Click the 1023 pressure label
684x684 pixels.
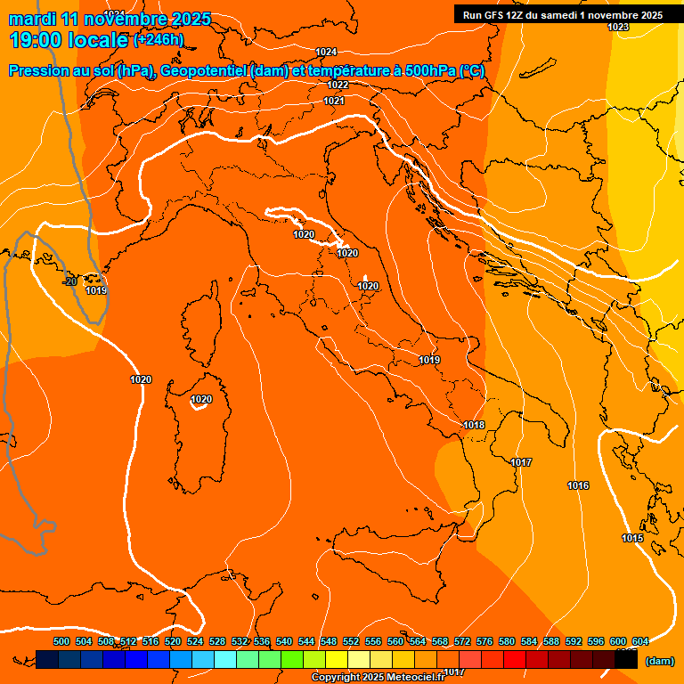(x=618, y=27)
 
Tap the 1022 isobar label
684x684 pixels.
(x=338, y=85)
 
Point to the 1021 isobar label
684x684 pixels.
(x=334, y=101)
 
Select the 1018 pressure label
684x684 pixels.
(x=474, y=425)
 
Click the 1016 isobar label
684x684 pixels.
(x=578, y=485)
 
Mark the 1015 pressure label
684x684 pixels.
(x=632, y=538)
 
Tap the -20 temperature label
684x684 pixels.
(x=69, y=281)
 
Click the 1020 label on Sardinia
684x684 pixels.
(x=201, y=399)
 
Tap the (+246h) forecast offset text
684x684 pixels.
(x=159, y=39)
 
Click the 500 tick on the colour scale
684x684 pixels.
(x=61, y=641)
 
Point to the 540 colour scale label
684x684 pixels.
(x=284, y=641)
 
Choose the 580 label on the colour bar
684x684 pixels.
(x=507, y=641)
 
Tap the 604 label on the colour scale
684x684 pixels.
(x=640, y=641)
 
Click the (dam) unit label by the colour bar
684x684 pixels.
(x=659, y=661)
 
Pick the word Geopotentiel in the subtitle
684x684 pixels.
(x=205, y=71)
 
